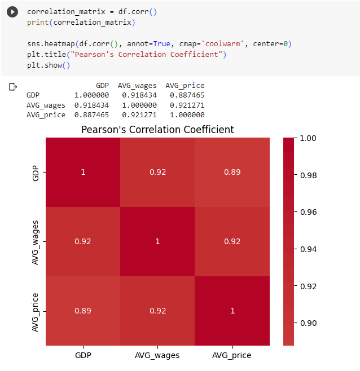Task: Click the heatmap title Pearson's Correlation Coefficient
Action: pos(157,130)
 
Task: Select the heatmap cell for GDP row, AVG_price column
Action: pos(232,172)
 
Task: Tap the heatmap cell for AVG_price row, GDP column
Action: pos(83,311)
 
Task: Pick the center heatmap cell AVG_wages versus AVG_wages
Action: pos(157,241)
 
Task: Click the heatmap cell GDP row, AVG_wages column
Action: pos(157,172)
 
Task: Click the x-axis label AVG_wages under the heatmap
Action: pos(157,355)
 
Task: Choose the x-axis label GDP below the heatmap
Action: pos(83,355)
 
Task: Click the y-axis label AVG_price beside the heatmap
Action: pos(36,311)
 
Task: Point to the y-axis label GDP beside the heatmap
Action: pos(36,172)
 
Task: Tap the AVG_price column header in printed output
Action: pos(185,86)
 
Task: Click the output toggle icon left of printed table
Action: pos(12,87)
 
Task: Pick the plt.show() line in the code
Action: pos(49,65)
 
